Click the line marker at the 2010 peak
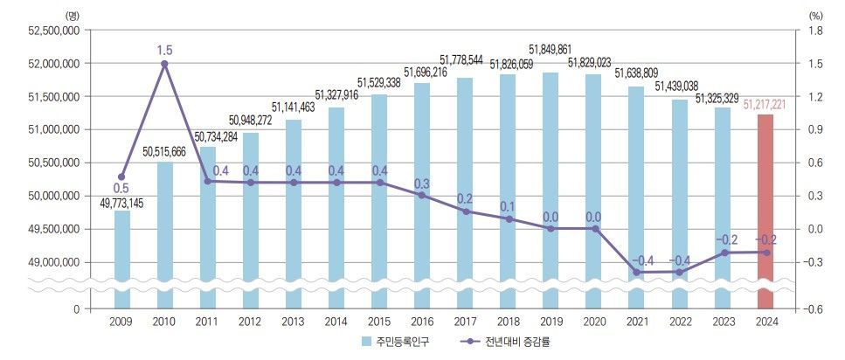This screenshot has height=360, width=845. pyautogui.click(x=165, y=64)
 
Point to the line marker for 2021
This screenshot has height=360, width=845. pyautogui.click(x=636, y=273)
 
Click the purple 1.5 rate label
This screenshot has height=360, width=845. pyautogui.click(x=165, y=51)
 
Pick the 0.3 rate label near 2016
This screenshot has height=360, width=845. pyautogui.click(x=422, y=183)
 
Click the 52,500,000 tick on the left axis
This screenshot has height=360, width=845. pyautogui.click(x=54, y=31)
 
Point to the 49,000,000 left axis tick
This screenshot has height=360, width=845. pyautogui.click(x=54, y=262)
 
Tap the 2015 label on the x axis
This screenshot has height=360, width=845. pyautogui.click(x=379, y=323)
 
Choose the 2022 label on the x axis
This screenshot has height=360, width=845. pyautogui.click(x=679, y=323)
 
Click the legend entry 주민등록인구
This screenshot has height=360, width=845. pyautogui.click(x=389, y=343)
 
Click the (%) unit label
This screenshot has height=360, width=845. pyautogui.click(x=816, y=15)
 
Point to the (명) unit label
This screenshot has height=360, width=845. pyautogui.click(x=72, y=15)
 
